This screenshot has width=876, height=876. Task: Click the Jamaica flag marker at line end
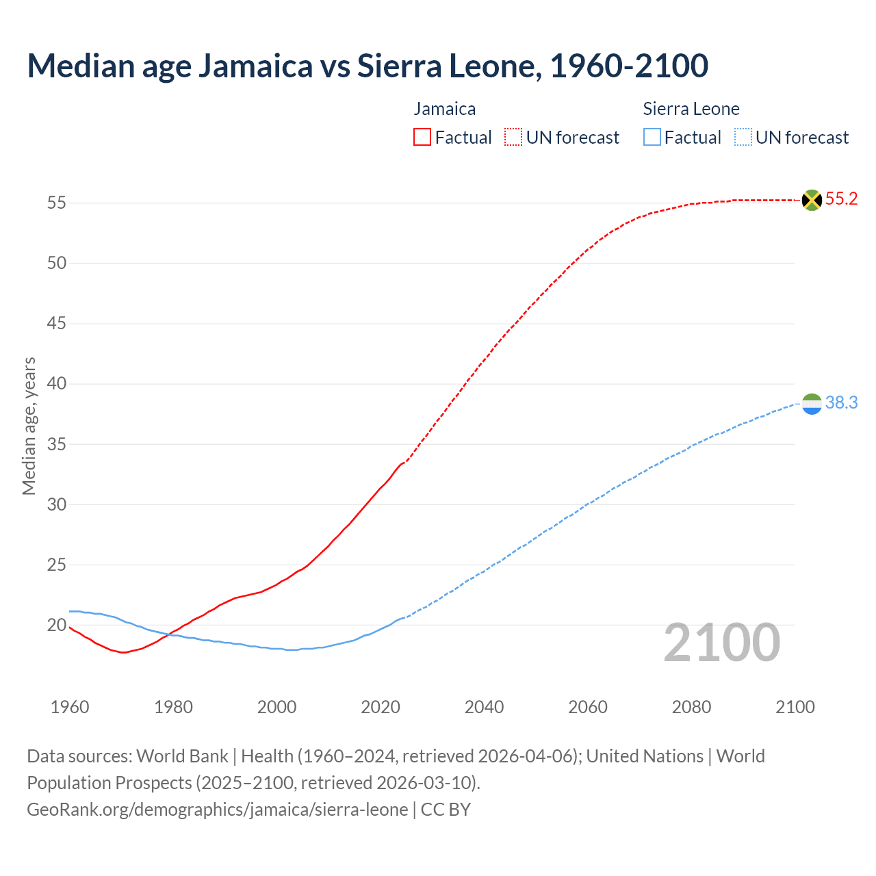point(812,200)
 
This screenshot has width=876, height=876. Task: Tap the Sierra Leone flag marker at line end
point(812,404)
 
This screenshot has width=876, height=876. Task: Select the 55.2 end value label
point(841,199)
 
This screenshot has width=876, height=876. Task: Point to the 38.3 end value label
point(841,403)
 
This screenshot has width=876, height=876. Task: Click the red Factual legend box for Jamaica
point(422,138)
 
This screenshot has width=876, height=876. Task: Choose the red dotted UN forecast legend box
point(513,138)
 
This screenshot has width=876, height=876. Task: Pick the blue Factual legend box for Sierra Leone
point(652,138)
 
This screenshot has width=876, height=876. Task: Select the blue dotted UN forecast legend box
point(743,138)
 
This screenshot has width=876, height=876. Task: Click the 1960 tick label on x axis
point(70,707)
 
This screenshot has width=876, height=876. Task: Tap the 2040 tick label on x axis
point(484,707)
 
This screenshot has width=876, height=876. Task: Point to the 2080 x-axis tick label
point(691,707)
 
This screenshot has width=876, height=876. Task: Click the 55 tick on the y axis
point(56,203)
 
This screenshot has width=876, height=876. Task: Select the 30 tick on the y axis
point(56,504)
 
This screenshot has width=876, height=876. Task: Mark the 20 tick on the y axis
point(56,625)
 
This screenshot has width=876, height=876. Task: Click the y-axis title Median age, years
point(29,426)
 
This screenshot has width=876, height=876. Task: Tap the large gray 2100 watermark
point(721,643)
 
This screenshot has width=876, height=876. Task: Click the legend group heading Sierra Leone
point(691,109)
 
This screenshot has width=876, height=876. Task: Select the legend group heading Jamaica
point(445,109)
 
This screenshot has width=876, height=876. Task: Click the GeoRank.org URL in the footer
point(218,810)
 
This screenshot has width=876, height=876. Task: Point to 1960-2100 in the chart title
point(629,66)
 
